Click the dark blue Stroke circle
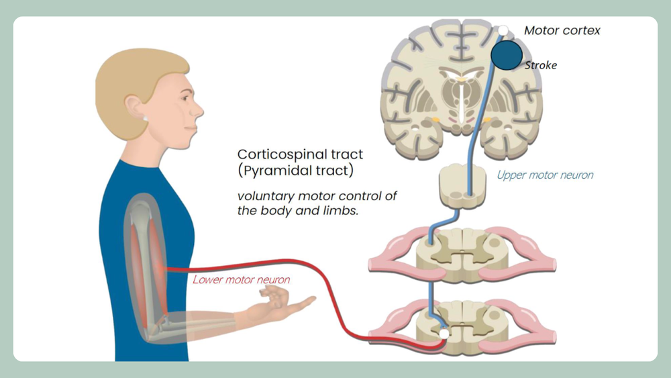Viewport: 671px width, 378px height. (507, 55)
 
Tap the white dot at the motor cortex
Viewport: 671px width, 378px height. (503, 30)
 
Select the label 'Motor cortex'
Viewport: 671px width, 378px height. (562, 30)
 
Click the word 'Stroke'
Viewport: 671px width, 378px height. (541, 65)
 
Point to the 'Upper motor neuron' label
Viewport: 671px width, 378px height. (545, 175)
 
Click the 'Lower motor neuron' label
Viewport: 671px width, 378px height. (242, 279)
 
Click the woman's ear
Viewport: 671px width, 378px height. (132, 107)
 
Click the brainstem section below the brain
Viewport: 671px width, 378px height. (462, 184)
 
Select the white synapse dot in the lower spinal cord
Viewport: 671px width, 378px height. (443, 334)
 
